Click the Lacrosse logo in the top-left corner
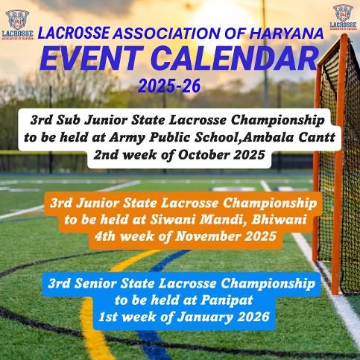tap(17, 25)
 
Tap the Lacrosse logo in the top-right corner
tap(343, 17)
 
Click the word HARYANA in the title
tap(286, 34)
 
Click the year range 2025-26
tap(169, 86)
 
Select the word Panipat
tap(227, 300)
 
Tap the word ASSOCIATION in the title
tap(167, 34)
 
